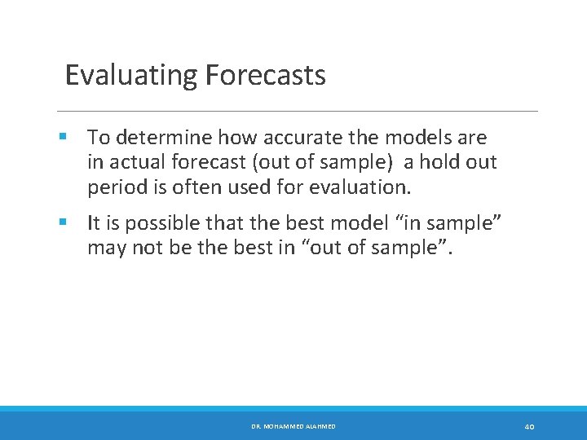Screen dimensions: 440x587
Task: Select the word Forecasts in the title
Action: coord(266,75)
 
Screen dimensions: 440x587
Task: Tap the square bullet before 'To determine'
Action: coord(64,137)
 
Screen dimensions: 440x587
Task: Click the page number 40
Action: coord(529,427)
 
